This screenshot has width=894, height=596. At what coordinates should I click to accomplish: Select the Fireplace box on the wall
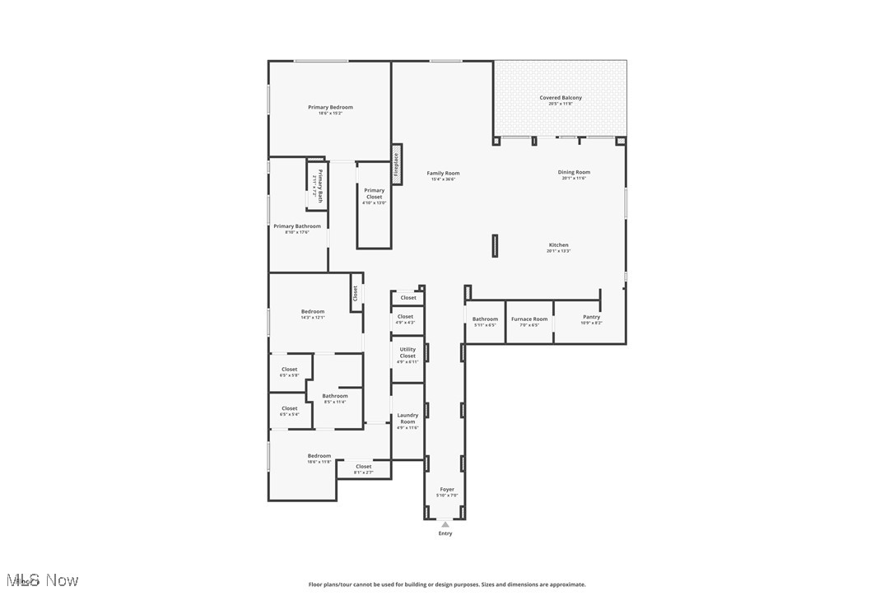(396, 165)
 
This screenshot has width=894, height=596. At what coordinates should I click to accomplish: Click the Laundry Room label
(407, 419)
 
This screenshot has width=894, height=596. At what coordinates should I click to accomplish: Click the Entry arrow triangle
(445, 524)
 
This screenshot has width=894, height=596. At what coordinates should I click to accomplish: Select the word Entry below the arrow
(445, 533)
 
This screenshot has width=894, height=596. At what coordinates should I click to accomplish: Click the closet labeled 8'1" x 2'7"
(363, 468)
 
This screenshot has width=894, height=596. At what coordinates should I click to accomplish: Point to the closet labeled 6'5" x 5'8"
(289, 370)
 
